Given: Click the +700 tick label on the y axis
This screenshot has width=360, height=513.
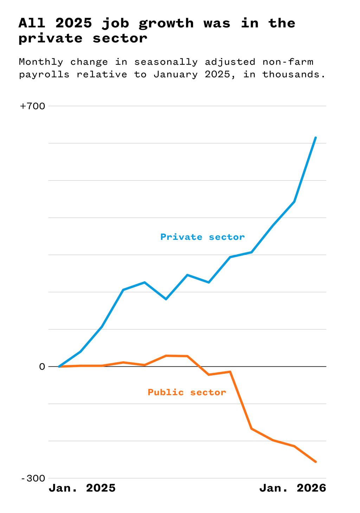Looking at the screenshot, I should pos(33,106).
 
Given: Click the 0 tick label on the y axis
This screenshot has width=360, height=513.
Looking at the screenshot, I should pos(42,367).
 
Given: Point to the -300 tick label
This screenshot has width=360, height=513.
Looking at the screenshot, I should pos(33,479).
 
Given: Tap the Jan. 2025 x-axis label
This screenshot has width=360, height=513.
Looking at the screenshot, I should pos(82,488).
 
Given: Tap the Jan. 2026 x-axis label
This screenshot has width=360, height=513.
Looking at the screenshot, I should pos(292,488).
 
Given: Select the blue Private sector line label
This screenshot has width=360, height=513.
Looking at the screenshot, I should pos(202,237).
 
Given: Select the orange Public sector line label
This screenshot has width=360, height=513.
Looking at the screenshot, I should pos(187,392).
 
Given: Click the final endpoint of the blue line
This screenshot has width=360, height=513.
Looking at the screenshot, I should pos(316,137).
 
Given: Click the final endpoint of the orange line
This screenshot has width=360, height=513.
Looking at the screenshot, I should pos(316,462).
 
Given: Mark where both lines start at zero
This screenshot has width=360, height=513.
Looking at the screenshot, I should pos(59,366).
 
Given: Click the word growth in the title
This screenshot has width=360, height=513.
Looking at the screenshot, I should pos(166,23).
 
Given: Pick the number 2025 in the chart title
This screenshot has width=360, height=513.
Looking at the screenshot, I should pos(74,23).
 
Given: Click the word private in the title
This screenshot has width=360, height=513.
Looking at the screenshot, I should pos(50,38).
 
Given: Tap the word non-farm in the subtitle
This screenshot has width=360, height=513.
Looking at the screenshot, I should pos(288,62).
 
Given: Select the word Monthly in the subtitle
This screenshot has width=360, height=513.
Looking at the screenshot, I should pos(41,62).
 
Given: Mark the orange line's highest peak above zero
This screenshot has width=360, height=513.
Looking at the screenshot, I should pos(166,356).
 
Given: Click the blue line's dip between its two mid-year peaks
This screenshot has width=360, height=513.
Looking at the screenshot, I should pos(166,299).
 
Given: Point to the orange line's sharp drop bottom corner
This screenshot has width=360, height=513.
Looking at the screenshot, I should pos(251,429).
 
